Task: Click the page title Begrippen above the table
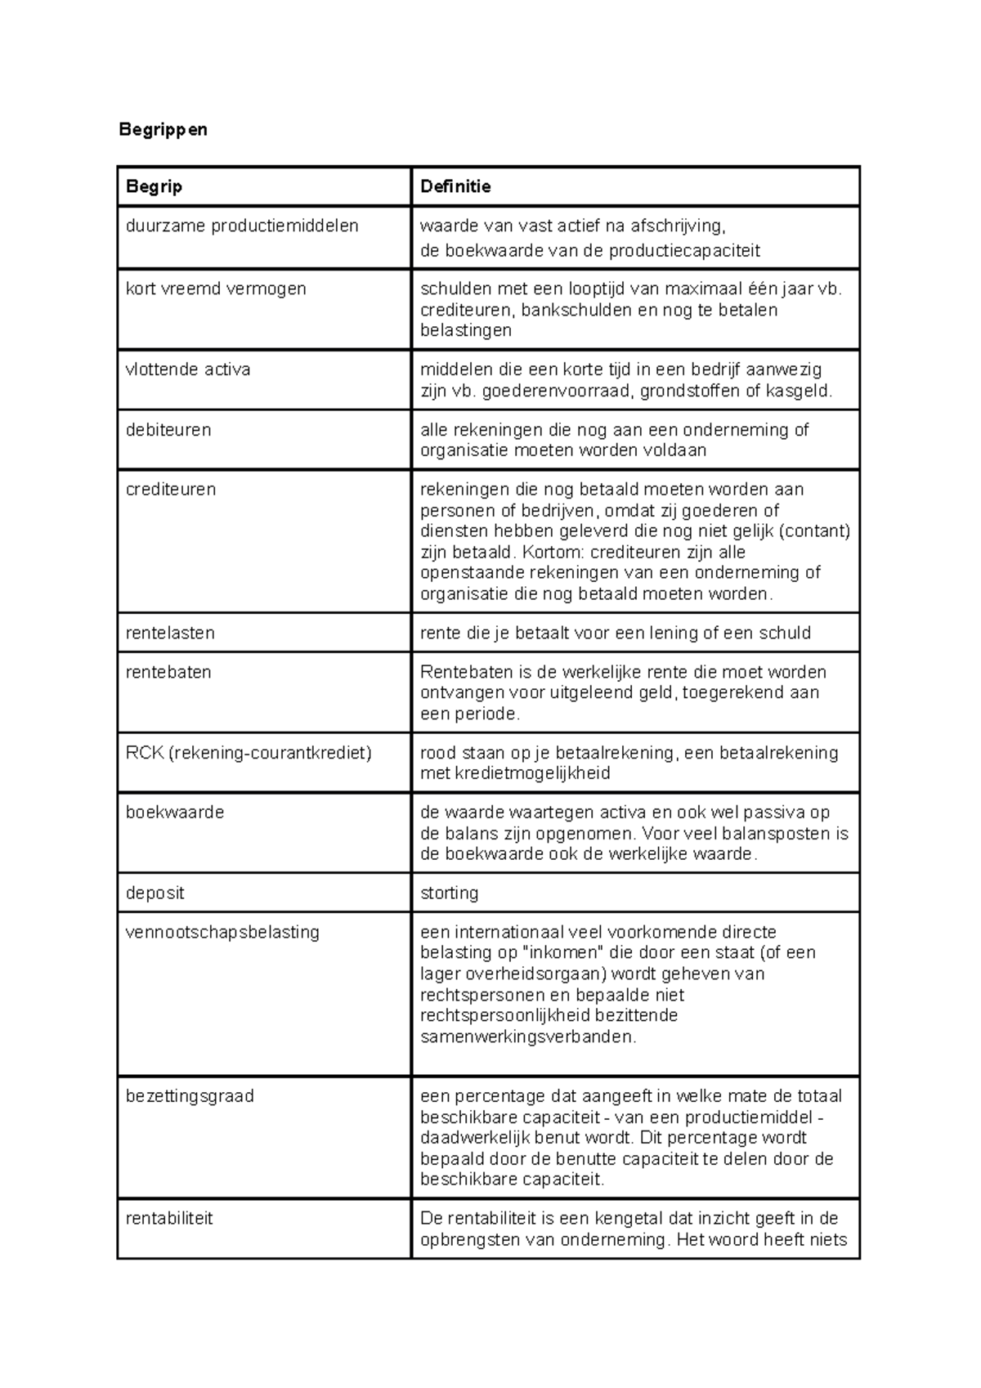(x=163, y=129)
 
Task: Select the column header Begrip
(x=154, y=186)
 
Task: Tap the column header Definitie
(x=455, y=186)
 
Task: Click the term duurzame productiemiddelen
(x=242, y=226)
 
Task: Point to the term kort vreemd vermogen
(x=216, y=289)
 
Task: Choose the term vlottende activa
(x=188, y=369)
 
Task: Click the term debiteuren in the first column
(x=168, y=430)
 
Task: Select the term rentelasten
(x=170, y=633)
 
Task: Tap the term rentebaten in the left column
(x=168, y=672)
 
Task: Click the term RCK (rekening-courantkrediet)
(x=249, y=752)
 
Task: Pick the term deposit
(x=155, y=893)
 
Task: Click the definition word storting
(x=449, y=893)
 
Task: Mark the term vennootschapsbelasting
(x=222, y=932)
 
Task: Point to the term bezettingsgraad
(x=190, y=1096)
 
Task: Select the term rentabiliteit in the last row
(x=169, y=1218)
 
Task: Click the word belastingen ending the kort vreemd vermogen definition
(x=465, y=330)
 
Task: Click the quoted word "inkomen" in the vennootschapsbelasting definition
(x=562, y=953)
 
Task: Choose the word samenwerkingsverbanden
(x=526, y=1037)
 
